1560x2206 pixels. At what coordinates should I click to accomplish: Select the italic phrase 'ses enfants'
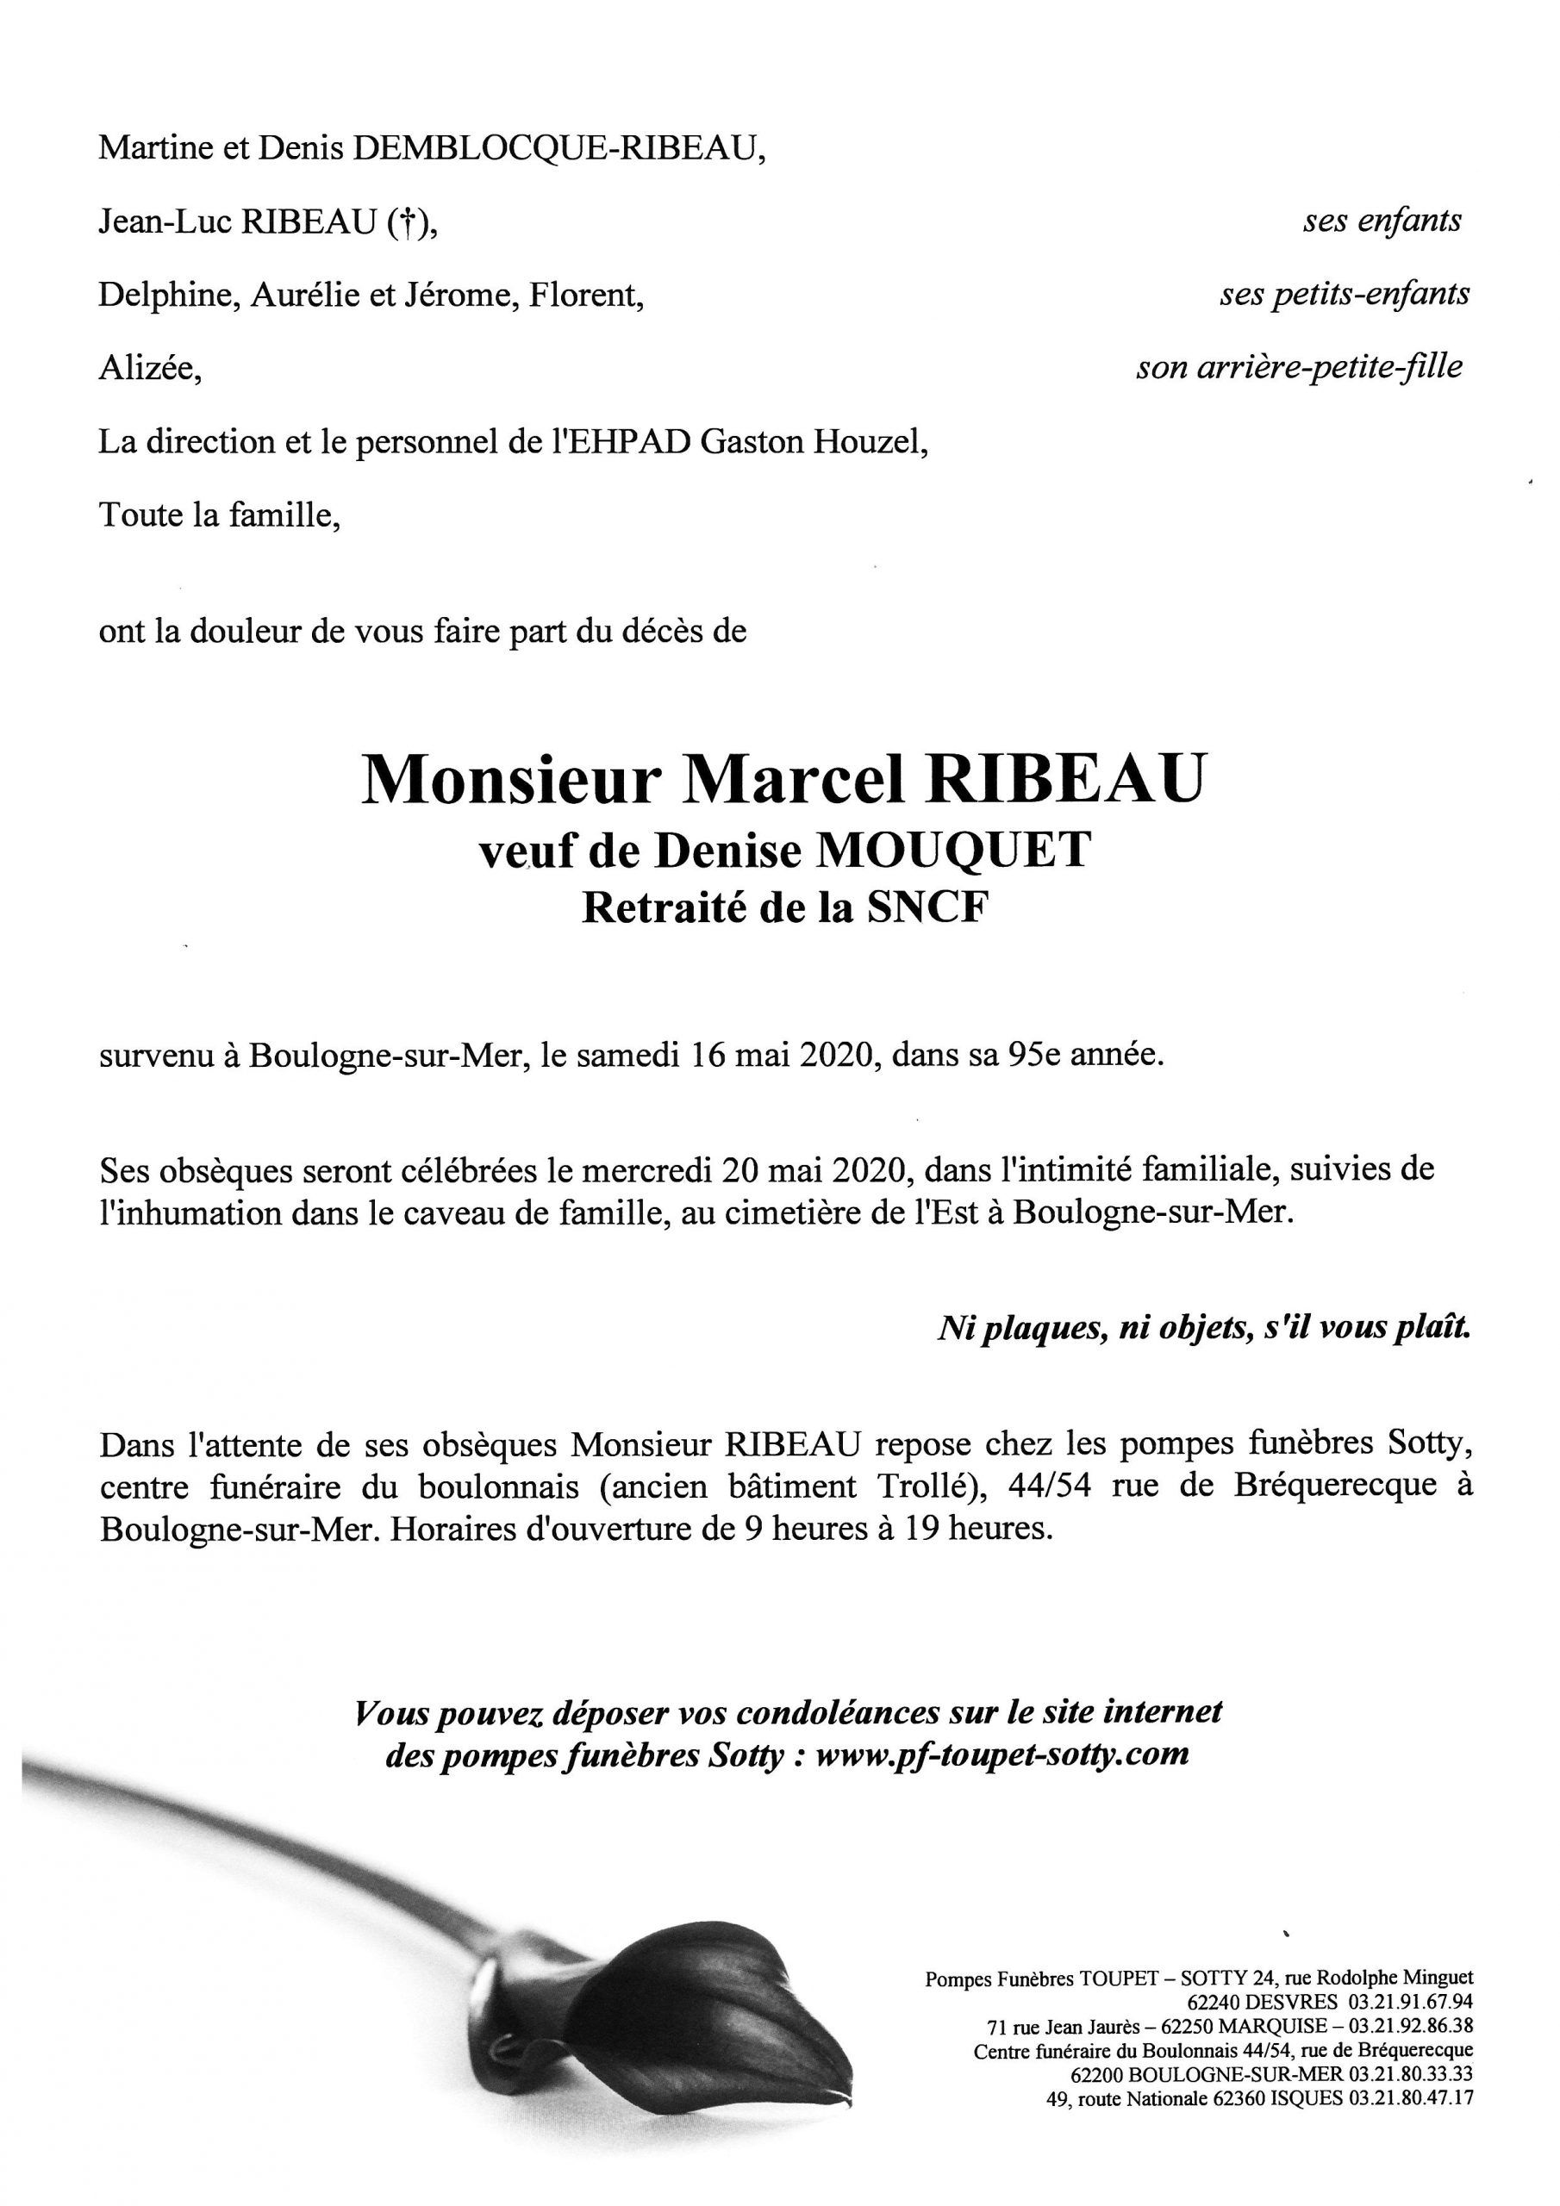(1382, 222)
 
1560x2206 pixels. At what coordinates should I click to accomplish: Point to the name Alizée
(148, 369)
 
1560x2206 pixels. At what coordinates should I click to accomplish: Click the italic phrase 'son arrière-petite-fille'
(1299, 367)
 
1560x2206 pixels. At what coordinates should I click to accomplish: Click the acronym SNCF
(927, 909)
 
